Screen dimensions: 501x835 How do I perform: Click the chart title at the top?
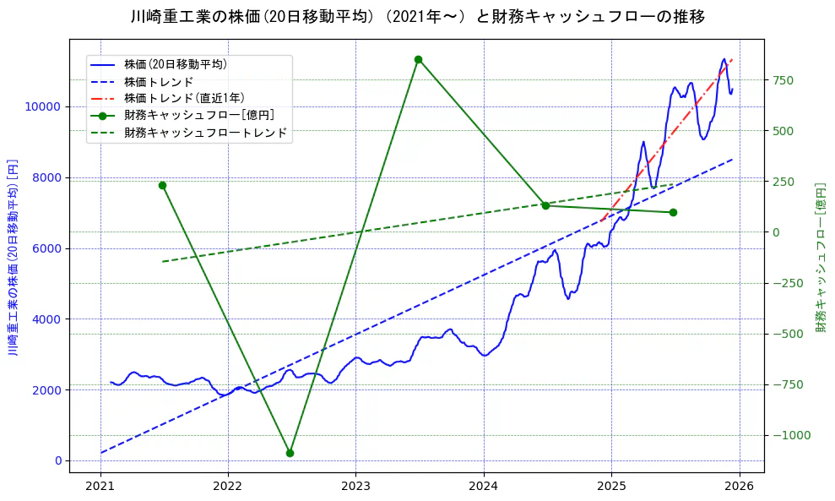(418, 16)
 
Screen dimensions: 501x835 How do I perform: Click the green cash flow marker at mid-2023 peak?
(418, 59)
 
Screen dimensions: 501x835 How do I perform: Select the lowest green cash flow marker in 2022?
(290, 453)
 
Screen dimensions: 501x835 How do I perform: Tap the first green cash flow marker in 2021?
(162, 185)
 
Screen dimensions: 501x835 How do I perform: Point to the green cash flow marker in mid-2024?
(545, 205)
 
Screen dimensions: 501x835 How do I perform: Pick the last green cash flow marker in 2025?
(673, 212)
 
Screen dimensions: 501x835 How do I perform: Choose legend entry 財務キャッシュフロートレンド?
(205, 133)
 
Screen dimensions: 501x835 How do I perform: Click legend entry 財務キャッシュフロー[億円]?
(198, 115)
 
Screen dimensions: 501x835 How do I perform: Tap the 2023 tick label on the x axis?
(355, 486)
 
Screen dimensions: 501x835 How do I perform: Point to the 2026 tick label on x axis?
(739, 486)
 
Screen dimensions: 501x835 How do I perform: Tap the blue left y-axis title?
(13, 258)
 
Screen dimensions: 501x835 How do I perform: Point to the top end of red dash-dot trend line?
(732, 60)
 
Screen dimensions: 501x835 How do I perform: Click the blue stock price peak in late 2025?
(724, 59)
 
